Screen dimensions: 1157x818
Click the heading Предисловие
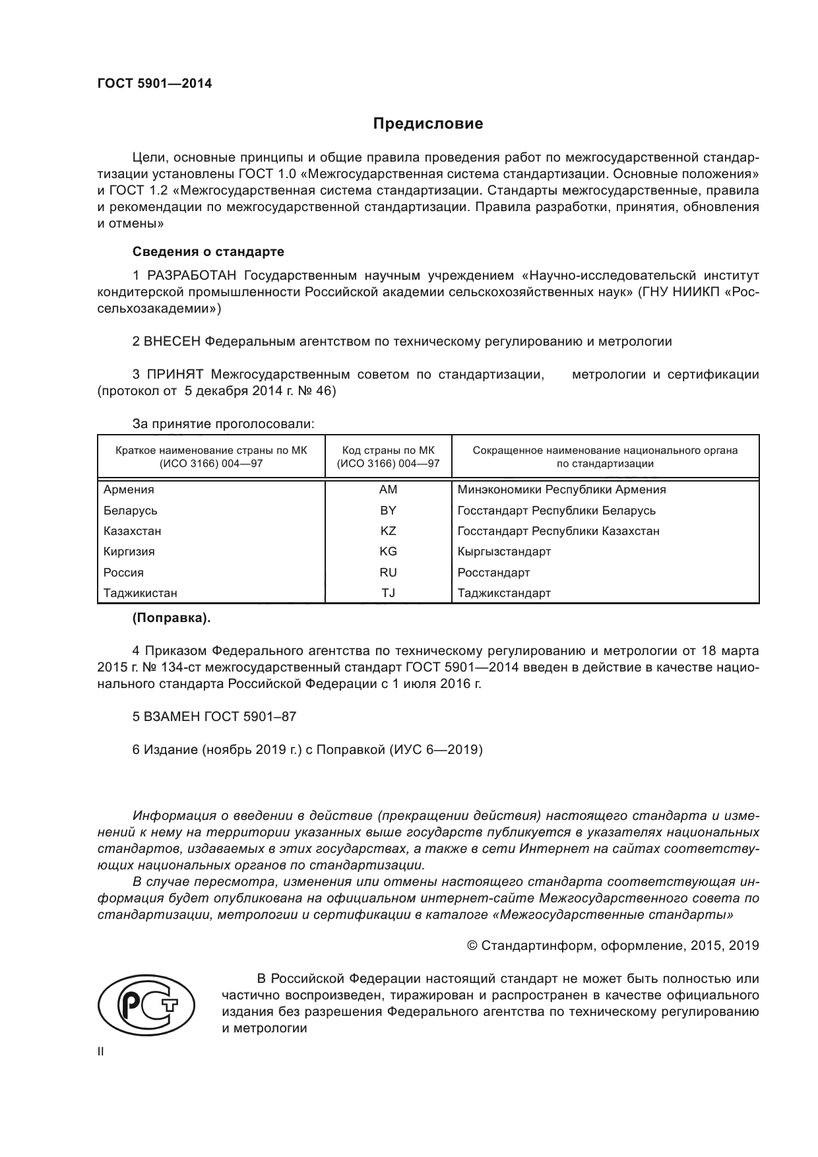coord(428,123)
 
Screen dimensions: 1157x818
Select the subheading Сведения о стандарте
coord(208,252)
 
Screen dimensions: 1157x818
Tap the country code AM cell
coord(388,489)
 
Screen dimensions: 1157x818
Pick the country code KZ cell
coord(388,531)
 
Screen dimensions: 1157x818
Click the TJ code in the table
coord(388,593)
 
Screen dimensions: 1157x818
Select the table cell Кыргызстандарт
coord(504,551)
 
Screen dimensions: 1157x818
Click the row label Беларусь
coord(131,511)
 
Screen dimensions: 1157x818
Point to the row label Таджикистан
coord(141,593)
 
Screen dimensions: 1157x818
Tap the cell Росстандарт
coord(493,573)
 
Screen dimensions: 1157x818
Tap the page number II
coord(100,1052)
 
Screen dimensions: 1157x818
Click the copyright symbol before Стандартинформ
coord(472,946)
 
